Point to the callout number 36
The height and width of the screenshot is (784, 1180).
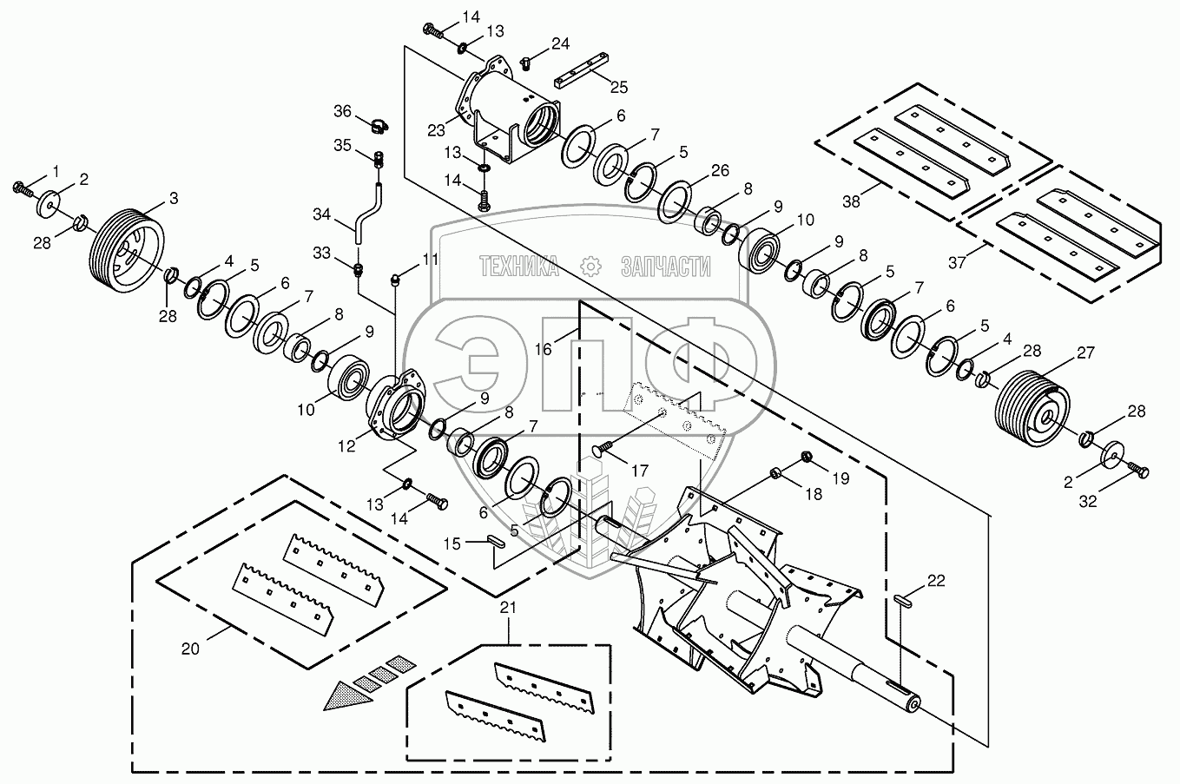343,111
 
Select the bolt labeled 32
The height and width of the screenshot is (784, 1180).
1139,471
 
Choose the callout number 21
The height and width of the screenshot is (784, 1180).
508,608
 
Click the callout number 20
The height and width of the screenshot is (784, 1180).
190,648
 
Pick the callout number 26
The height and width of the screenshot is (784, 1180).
721,170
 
